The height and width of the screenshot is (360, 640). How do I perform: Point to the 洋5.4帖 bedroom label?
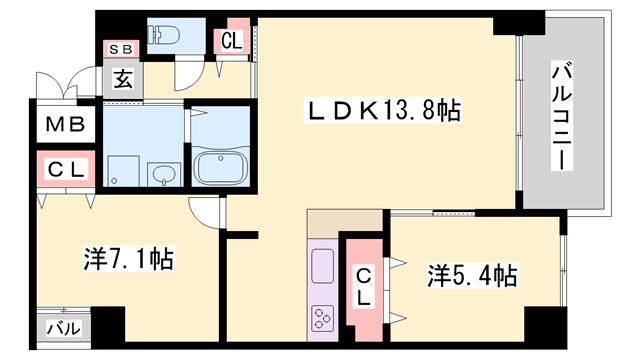473,274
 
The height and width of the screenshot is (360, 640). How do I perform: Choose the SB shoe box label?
120,48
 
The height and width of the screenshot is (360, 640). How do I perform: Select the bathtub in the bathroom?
219,166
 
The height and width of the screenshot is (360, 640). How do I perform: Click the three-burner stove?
324,319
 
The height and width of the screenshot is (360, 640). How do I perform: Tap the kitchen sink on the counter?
324,266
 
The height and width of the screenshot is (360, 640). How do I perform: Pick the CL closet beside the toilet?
231,41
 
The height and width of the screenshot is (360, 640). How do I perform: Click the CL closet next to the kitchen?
364,286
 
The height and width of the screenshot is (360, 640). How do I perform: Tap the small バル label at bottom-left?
66,327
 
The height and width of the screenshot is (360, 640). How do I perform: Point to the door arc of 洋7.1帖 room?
205,211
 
